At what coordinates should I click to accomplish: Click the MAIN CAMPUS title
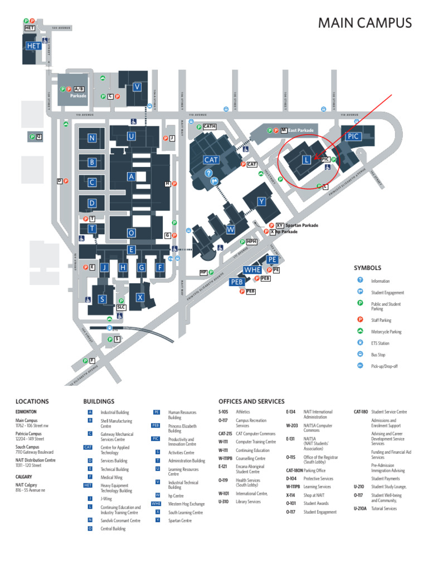pyautogui.click(x=364, y=23)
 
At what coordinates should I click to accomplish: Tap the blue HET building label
pyautogui.click(x=33, y=46)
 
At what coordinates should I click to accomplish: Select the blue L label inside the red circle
pyautogui.click(x=306, y=160)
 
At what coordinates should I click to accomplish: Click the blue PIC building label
pyautogui.click(x=354, y=136)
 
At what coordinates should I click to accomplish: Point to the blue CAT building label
pyautogui.click(x=211, y=160)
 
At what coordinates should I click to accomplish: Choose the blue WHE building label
pyautogui.click(x=252, y=270)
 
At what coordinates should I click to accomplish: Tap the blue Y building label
pyautogui.click(x=261, y=201)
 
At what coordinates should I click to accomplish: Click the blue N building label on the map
pyautogui.click(x=91, y=138)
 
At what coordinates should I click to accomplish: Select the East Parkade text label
pyautogui.click(x=301, y=130)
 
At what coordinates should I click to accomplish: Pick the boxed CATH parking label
pyautogui.click(x=209, y=127)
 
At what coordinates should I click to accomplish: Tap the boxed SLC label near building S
pyautogui.click(x=121, y=307)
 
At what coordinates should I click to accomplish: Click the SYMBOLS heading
pyautogui.click(x=367, y=268)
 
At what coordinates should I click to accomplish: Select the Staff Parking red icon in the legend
pyautogui.click(x=360, y=320)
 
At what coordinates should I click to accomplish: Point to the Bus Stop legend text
pyautogui.click(x=378, y=355)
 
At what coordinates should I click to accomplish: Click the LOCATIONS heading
pyautogui.click(x=32, y=401)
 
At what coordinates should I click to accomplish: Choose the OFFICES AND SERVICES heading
pyautogui.click(x=251, y=401)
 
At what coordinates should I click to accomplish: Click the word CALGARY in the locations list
pyautogui.click(x=23, y=477)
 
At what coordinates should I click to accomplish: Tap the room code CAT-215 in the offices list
pyautogui.click(x=225, y=434)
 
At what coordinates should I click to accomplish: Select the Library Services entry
pyautogui.click(x=248, y=502)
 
